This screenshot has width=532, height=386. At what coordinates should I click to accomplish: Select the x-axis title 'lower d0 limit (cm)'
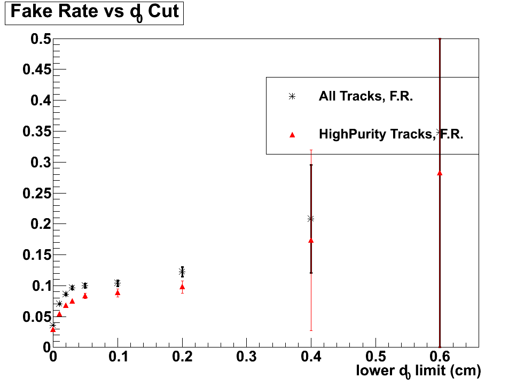pyautogui.click(x=418, y=370)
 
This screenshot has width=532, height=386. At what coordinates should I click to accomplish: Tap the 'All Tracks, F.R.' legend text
pyautogui.click(x=365, y=97)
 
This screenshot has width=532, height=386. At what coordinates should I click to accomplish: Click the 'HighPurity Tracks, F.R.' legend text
pyautogui.click(x=390, y=134)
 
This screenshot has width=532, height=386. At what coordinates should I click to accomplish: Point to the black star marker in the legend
pyautogui.click(x=292, y=97)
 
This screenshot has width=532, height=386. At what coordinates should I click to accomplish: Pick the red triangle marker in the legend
pyautogui.click(x=292, y=135)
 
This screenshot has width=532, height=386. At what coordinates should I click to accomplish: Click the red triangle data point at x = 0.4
pyautogui.click(x=311, y=241)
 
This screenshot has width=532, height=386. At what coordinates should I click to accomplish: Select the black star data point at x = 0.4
pyautogui.click(x=311, y=219)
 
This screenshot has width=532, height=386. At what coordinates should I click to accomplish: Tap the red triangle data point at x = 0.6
pyautogui.click(x=440, y=173)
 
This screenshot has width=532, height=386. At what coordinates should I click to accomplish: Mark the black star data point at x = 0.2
pyautogui.click(x=182, y=272)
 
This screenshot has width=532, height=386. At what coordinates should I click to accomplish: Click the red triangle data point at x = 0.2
pyautogui.click(x=182, y=287)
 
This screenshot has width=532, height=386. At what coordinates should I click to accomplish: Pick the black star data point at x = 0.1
pyautogui.click(x=118, y=283)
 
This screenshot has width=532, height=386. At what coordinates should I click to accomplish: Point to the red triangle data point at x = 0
pyautogui.click(x=53, y=330)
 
